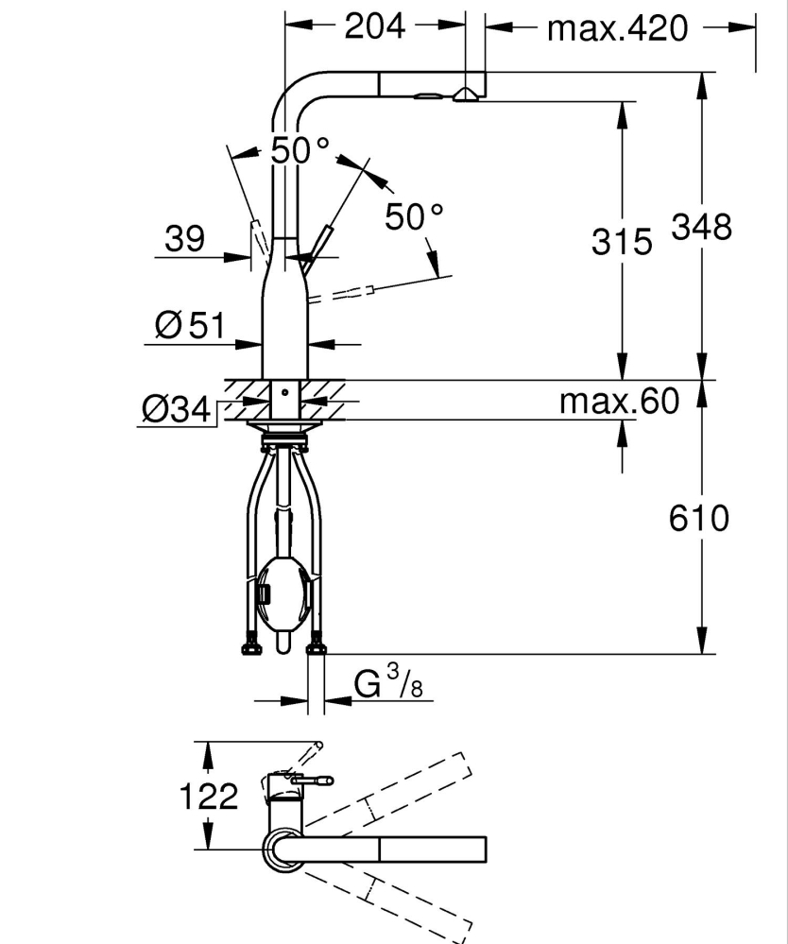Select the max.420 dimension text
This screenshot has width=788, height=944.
[x=617, y=28]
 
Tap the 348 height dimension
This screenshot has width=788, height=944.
[x=701, y=227]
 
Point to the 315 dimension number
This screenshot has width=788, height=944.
[x=622, y=242]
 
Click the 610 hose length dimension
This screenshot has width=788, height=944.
[x=698, y=518]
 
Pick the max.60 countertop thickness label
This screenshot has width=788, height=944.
[x=619, y=402]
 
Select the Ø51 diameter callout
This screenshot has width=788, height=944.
[x=189, y=326]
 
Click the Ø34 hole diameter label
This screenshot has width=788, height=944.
[x=176, y=409]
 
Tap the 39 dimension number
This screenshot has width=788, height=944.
[x=184, y=239]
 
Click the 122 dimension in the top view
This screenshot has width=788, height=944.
[x=208, y=797]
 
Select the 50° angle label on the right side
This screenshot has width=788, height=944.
[x=413, y=217]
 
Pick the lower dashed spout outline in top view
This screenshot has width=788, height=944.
[x=397, y=898]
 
